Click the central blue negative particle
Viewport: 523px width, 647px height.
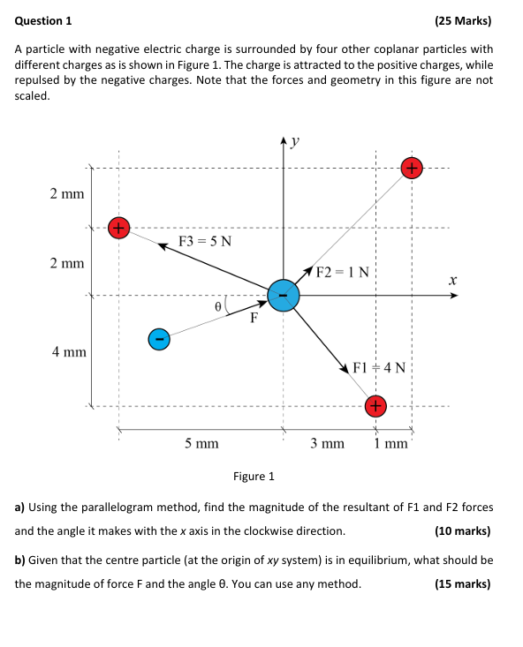pos(283,295)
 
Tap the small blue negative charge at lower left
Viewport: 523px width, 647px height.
pos(159,338)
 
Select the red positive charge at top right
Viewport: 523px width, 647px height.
pos(412,168)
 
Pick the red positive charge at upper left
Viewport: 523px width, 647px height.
pos(118,228)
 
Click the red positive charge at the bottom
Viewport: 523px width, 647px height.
pos(375,406)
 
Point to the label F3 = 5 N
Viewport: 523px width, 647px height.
pos(205,241)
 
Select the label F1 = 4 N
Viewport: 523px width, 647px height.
pos(378,367)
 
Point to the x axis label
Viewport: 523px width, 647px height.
pos(451,279)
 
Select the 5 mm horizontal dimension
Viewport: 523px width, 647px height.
pos(201,443)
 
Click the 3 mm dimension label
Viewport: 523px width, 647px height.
pos(327,443)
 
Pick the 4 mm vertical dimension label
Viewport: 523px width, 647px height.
pos(67,351)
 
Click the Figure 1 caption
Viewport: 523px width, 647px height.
pos(254,477)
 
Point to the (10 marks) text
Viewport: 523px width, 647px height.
pos(463,531)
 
